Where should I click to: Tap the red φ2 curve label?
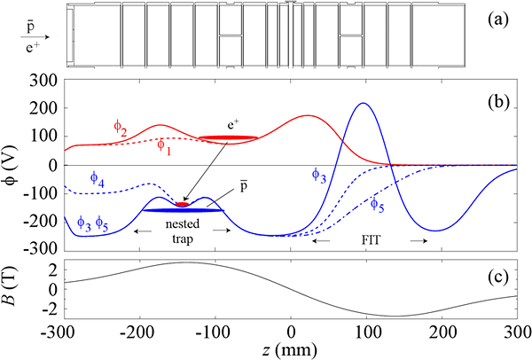119,131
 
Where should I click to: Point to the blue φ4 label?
98,177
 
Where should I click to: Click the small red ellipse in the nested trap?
183,204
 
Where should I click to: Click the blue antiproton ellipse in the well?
184,210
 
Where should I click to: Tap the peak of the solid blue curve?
363,104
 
